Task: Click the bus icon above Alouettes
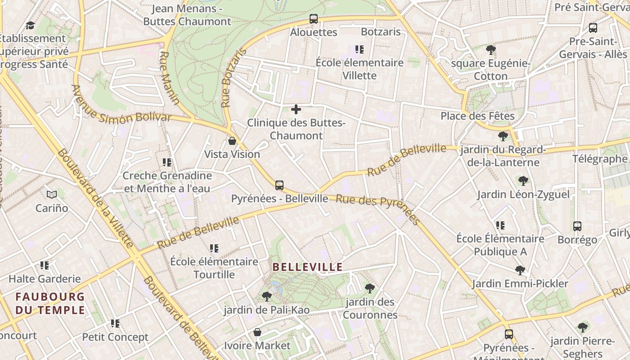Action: point(314,19)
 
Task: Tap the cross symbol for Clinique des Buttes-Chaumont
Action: point(296,109)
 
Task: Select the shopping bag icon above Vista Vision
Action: point(232,141)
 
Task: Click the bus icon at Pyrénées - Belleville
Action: point(279,185)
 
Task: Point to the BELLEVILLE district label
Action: point(308,267)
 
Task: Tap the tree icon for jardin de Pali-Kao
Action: point(267,297)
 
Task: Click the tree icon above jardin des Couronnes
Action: point(370,288)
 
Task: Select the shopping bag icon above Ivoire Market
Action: point(257,333)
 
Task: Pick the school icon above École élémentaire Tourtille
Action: point(214,248)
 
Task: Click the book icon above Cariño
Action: point(52,194)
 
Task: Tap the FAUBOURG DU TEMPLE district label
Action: point(50,303)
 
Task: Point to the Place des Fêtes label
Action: point(477,116)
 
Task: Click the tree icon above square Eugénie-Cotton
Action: point(491,49)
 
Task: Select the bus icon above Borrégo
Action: point(577,226)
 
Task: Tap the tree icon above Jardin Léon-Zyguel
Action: point(523,181)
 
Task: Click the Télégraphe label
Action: point(599,159)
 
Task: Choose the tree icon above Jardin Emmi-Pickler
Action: point(520,270)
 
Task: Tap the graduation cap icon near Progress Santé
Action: point(30,26)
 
